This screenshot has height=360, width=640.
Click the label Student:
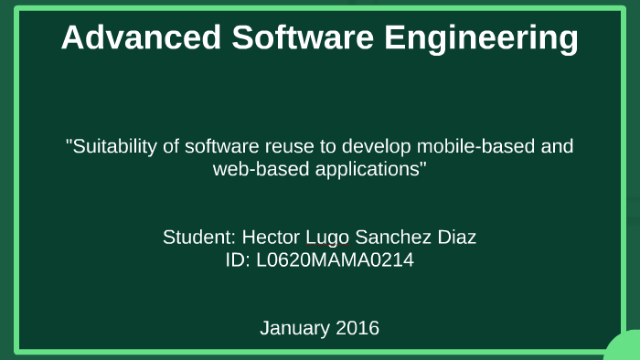pyautogui.click(x=199, y=238)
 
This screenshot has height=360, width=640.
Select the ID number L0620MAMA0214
pyautogui.click(x=336, y=260)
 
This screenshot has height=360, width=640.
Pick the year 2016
pyautogui.click(x=357, y=327)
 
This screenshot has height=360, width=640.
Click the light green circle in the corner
pyautogui.click(x=625, y=349)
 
